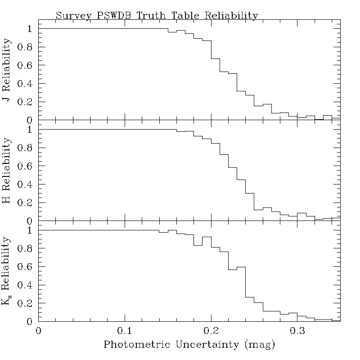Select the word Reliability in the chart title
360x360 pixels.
click(x=231, y=15)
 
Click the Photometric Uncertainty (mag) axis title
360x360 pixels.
click(x=189, y=345)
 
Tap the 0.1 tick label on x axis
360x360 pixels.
click(x=125, y=331)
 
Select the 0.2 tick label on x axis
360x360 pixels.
click(x=211, y=331)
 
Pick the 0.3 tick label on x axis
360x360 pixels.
click(x=297, y=331)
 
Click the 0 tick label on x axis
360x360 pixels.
click(x=39, y=331)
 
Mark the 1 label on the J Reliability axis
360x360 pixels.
click(x=30, y=28)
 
